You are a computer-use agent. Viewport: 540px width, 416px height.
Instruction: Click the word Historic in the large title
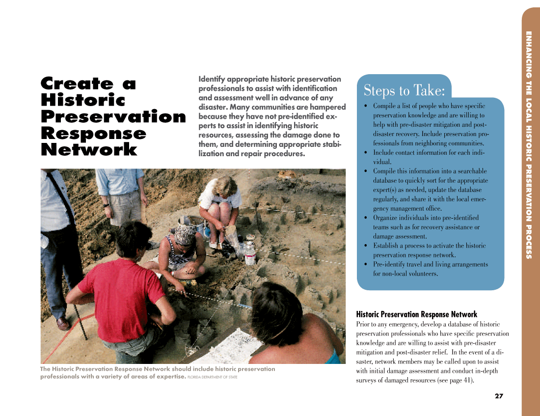[83, 100]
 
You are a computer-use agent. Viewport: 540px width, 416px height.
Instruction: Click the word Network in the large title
[89, 150]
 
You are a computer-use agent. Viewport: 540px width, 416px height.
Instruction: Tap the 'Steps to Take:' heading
[404, 91]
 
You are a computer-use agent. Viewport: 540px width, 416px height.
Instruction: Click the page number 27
[499, 396]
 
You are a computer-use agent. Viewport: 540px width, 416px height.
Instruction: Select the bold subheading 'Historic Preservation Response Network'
[416, 314]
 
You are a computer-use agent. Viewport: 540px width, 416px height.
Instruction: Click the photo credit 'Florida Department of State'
[213, 377]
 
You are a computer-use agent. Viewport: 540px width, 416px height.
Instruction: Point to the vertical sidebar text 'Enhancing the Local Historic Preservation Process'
[529, 145]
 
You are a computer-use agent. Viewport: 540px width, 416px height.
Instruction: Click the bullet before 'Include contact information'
[366, 153]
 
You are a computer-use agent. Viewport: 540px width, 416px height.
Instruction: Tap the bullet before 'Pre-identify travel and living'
[366, 265]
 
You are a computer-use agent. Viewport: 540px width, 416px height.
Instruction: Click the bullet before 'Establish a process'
[366, 246]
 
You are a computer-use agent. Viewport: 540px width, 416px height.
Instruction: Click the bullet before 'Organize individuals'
[366, 218]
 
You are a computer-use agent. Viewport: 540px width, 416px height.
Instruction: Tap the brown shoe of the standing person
[63, 324]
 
